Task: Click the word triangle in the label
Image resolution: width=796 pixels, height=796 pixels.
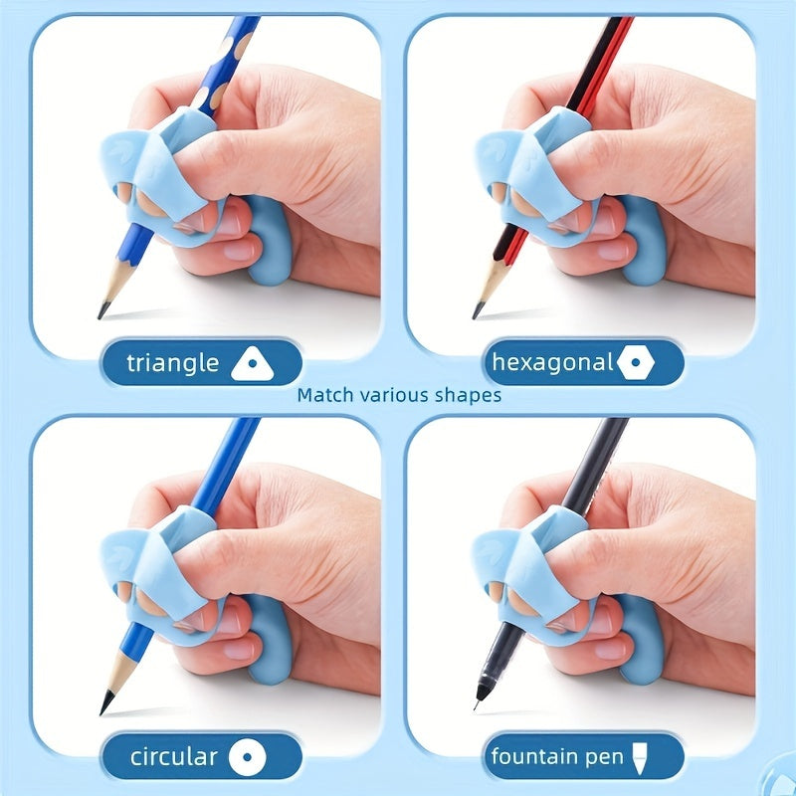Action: [x=172, y=363]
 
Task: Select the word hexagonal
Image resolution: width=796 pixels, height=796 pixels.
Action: [x=553, y=363]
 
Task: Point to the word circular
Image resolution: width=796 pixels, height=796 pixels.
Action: [x=173, y=758]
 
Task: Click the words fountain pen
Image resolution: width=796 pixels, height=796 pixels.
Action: [x=542, y=758]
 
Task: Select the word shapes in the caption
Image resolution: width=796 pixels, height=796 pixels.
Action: [x=468, y=395]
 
